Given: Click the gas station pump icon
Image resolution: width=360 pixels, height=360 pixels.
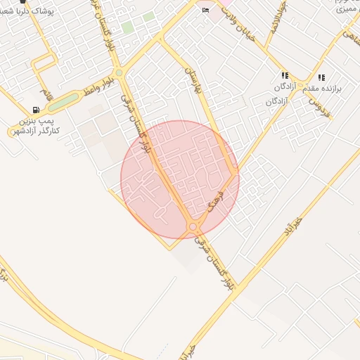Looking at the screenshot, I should coord(36,110).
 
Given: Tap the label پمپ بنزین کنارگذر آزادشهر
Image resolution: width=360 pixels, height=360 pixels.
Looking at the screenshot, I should coord(33,126).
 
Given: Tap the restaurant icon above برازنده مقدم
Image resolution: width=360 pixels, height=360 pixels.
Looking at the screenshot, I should coord(321,77).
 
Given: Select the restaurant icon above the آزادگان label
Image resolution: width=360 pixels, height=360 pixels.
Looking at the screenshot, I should coord(285,75).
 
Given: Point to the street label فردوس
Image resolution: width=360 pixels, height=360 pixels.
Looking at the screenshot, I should coord(322,106).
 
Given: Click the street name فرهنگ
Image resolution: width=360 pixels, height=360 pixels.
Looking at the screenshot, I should coord(215,202).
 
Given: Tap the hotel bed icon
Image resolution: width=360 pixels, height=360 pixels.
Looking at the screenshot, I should coord(205,11).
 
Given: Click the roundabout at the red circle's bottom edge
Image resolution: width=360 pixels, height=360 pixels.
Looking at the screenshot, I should coord(193,226).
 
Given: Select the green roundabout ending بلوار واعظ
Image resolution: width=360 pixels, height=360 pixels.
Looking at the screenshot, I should coord(119,72).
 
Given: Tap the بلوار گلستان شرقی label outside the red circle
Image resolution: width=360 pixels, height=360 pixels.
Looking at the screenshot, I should coord(217,262).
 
